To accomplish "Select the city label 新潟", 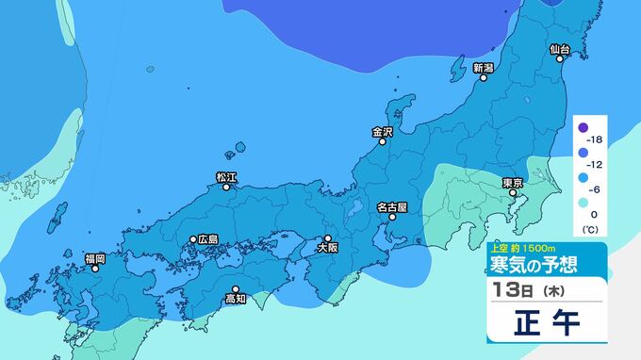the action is pos(484,68).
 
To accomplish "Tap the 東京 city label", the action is pos(513,182).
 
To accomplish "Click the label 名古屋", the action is pos(391,206).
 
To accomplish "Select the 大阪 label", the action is pos(327,249).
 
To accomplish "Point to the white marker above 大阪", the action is pos(328,238).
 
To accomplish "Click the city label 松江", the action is pos(226,176).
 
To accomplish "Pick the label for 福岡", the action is pos(95,257).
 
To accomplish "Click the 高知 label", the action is pos(236,300).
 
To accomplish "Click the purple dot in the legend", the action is pos(583,127).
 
